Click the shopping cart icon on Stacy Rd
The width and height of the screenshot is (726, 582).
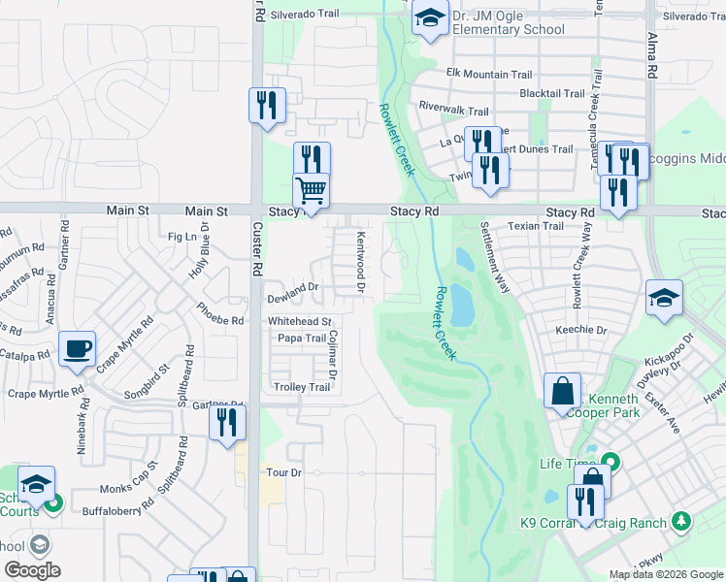point(311,191)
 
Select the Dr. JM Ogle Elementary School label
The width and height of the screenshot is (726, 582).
point(503,22)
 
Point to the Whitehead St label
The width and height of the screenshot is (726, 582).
point(300,321)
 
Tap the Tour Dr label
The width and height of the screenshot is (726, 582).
point(284,472)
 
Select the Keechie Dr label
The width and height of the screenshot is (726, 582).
point(580,330)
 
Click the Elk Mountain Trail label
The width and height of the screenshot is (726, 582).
point(489,74)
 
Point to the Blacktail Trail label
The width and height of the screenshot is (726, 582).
point(552,94)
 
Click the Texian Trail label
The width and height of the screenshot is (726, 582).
point(537,226)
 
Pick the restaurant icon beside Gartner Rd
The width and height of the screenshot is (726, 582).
point(227,423)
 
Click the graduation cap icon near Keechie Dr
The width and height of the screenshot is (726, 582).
point(664,299)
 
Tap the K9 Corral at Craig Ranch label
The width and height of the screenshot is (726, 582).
point(593,524)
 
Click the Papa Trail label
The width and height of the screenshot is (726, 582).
point(301,338)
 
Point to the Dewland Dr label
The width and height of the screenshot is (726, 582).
point(293,287)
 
